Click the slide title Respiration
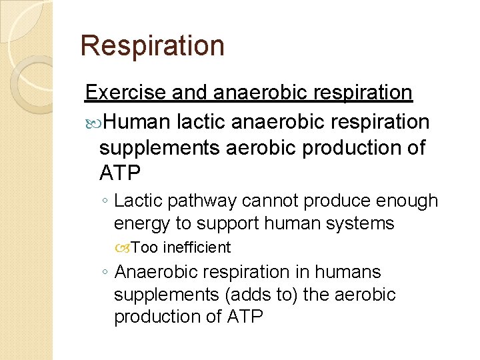coord(152,46)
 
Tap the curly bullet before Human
coord(92,122)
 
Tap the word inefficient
coord(197,247)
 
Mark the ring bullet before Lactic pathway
coord(104,201)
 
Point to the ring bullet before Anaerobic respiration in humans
coord(104,273)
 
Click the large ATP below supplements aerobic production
coord(120,173)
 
